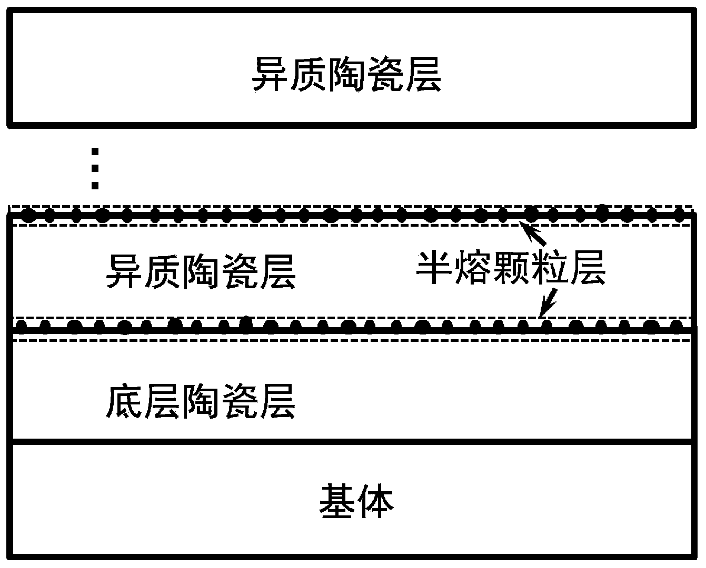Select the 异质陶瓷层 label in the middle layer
point(201,271)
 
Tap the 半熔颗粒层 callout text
point(511,268)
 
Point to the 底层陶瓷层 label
point(201,402)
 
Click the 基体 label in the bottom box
point(356,500)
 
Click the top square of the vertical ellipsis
point(95,152)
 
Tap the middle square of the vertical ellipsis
point(95,169)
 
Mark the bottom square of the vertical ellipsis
point(95,185)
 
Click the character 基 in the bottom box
point(337,500)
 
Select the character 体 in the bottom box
point(375,500)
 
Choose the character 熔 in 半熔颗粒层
point(472,268)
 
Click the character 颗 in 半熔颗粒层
point(511,268)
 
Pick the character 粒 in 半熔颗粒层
point(549,268)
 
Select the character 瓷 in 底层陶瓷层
point(238,402)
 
